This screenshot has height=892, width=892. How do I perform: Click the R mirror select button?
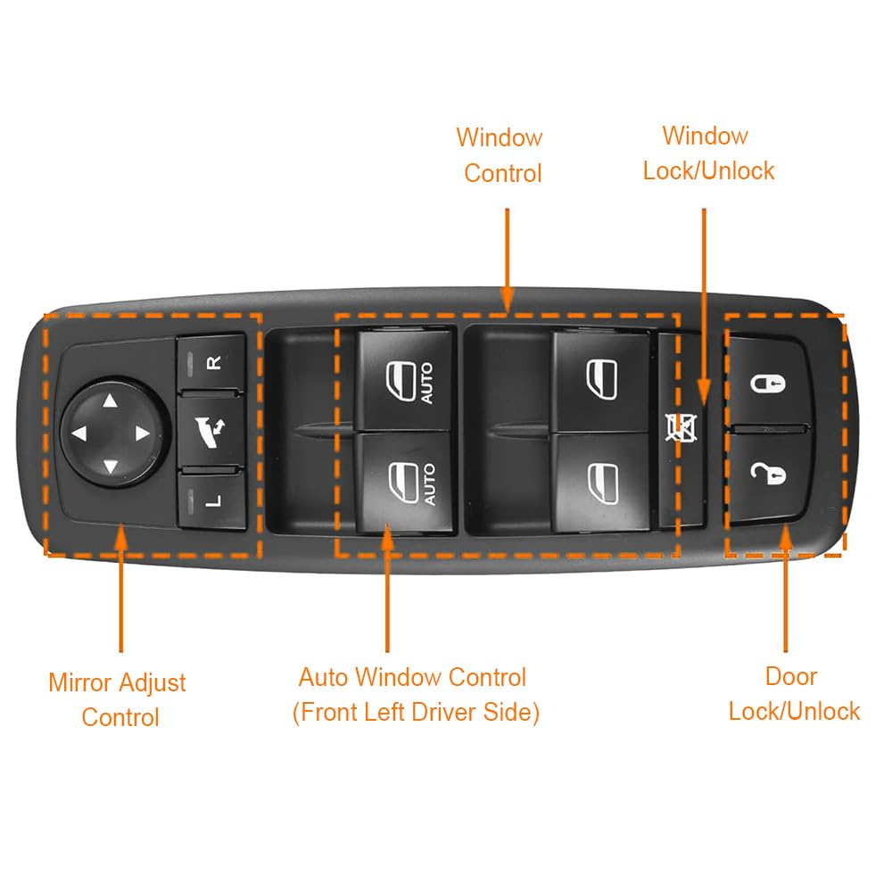[x=211, y=362]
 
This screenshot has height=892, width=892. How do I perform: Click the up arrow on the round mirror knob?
[x=111, y=401]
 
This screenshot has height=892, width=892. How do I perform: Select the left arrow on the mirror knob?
[x=79, y=434]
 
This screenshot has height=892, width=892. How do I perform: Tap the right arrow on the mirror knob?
[x=142, y=434]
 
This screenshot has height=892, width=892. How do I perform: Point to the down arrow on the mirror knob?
[x=111, y=467]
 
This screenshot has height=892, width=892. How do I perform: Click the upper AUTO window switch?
[x=406, y=380]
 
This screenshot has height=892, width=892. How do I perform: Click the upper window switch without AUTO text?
[x=601, y=381]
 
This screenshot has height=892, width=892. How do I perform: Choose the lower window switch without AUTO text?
[x=601, y=483]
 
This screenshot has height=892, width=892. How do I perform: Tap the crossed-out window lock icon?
[x=681, y=428]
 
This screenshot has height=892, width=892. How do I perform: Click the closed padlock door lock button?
[x=768, y=382]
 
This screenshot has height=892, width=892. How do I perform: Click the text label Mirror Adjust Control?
[x=118, y=699]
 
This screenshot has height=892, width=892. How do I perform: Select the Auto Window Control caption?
[x=416, y=695]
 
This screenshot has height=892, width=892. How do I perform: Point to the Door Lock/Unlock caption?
[x=794, y=694]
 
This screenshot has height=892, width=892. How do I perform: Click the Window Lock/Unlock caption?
[x=708, y=153]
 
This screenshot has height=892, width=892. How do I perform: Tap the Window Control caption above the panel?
[x=500, y=155]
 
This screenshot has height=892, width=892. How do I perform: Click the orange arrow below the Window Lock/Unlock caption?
[x=704, y=307]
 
